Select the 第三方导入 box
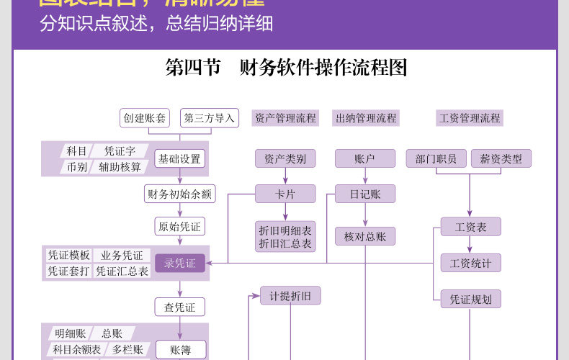click(210, 118)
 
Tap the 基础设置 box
click(180, 159)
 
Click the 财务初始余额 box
click(180, 194)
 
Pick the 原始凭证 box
click(180, 227)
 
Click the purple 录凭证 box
click(180, 264)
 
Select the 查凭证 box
click(180, 307)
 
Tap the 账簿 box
click(180, 350)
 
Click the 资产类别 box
click(285, 159)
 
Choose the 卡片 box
click(285, 194)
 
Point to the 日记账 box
click(365, 194)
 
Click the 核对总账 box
click(365, 236)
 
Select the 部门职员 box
click(436, 159)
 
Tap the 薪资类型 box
click(501, 159)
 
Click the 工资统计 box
click(470, 264)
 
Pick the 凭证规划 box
click(470, 299)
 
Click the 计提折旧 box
click(290, 296)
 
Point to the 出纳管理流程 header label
click(366, 118)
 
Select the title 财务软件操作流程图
click(287, 68)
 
